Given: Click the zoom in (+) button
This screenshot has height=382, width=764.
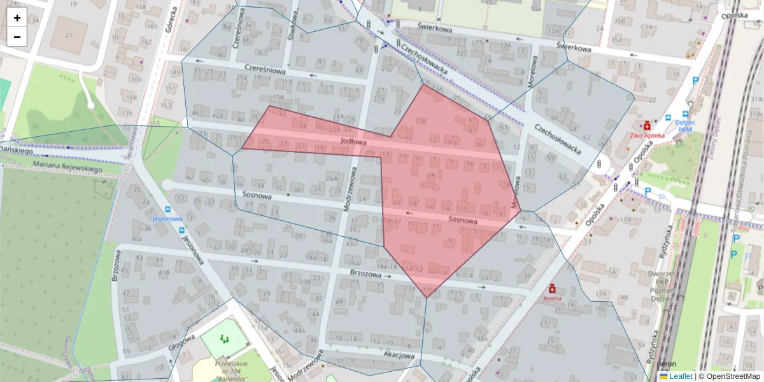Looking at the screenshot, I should pos(17,18).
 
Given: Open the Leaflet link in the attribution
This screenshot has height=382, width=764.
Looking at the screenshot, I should pos(680,376).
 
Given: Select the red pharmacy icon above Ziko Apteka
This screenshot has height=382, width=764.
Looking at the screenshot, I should pos(647,125).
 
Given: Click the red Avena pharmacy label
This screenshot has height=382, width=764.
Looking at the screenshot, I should pos(551,297).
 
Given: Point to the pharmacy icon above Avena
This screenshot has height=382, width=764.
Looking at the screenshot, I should pos(551,288).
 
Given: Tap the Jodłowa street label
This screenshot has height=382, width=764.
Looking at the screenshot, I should pos(353,142).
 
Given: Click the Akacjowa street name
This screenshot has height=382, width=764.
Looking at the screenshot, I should pos(399,355).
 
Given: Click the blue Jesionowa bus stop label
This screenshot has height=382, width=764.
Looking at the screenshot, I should pos(167,218).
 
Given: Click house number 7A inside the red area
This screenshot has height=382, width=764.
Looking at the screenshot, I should pos(431,175).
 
